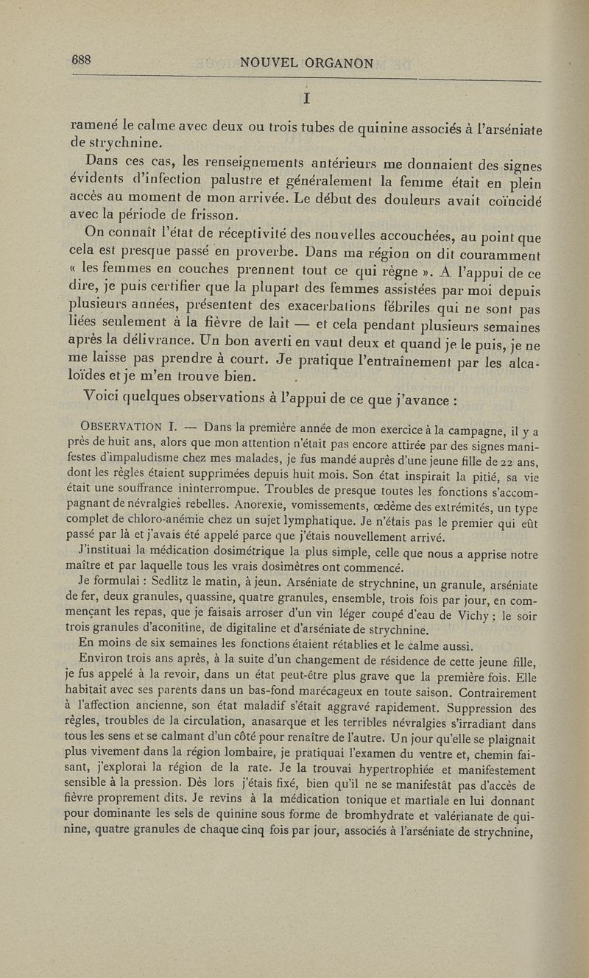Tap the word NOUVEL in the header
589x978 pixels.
coord(270,63)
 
